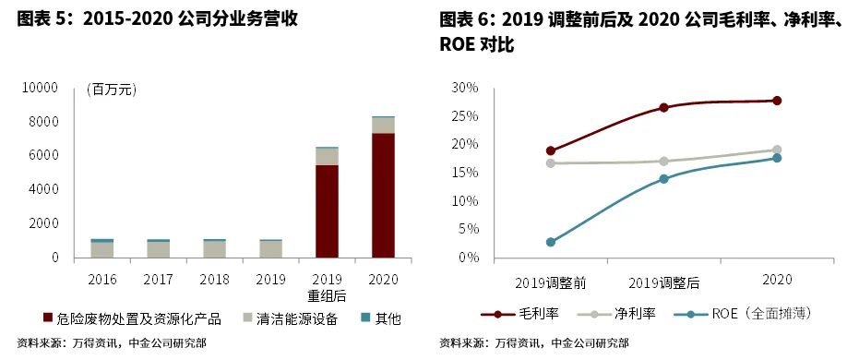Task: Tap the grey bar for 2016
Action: pyautogui.click(x=102, y=249)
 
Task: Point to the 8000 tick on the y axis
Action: pyautogui.click(x=46, y=122)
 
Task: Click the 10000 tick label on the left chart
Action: pyautogui.click(x=42, y=88)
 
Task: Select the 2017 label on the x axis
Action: pyautogui.click(x=159, y=278)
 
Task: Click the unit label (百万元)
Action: pyautogui.click(x=112, y=90)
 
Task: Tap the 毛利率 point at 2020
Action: pyautogui.click(x=777, y=101)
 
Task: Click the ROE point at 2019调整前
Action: pyautogui.click(x=551, y=242)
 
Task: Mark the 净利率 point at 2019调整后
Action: pyautogui.click(x=663, y=161)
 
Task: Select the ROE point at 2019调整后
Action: pyautogui.click(x=663, y=179)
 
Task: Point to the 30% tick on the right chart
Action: pyautogui.click(x=466, y=88)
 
